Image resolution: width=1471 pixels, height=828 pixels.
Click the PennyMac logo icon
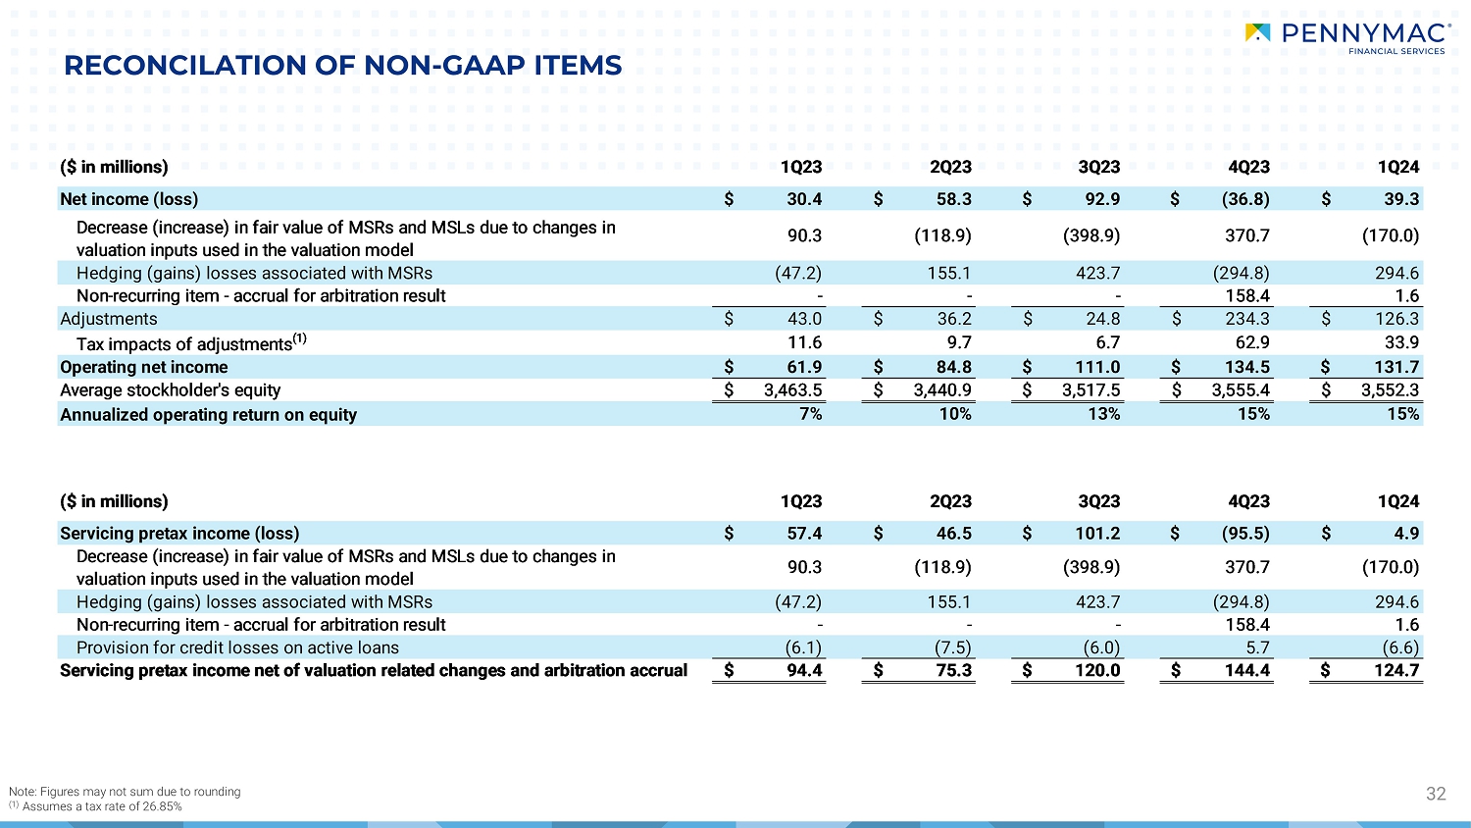[x=1257, y=33]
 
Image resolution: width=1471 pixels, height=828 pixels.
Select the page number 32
[x=1436, y=794]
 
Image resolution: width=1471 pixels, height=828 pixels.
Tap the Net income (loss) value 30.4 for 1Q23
[x=804, y=199]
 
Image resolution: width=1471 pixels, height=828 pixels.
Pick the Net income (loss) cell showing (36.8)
[x=1245, y=199]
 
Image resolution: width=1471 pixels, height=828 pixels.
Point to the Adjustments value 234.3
[x=1247, y=319]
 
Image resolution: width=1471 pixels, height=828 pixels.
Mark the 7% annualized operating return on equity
[x=811, y=414]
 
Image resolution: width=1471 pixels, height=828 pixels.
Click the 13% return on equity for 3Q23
[x=1104, y=414]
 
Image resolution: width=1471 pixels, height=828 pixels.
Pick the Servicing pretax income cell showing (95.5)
[x=1245, y=534]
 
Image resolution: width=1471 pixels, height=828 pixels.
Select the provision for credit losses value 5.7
[x=1257, y=647]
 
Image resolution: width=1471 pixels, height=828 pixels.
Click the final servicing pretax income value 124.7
[x=1396, y=671]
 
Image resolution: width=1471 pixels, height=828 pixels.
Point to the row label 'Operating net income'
[x=144, y=367]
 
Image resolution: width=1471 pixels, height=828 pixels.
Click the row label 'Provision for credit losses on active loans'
[x=237, y=647]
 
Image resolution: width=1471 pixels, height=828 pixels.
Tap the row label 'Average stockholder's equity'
[x=171, y=390]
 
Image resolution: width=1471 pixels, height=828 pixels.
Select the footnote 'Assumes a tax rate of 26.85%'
[x=102, y=806]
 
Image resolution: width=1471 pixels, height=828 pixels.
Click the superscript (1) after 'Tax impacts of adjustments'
[x=300, y=338]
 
